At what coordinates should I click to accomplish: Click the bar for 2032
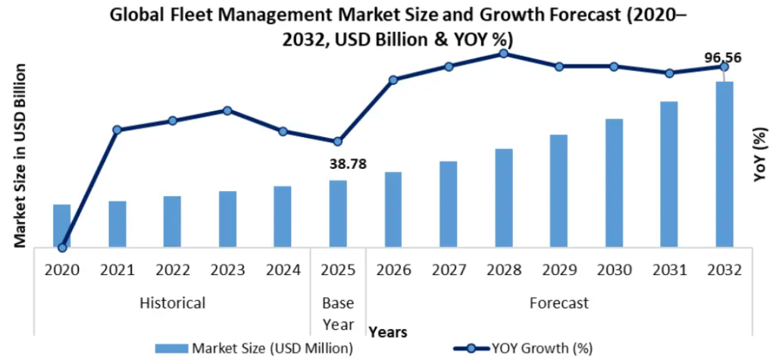click(724, 164)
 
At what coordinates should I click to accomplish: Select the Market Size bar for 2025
click(338, 213)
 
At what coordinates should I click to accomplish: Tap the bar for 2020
click(62, 225)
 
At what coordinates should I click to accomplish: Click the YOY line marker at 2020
click(62, 247)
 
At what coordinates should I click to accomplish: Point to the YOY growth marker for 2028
click(504, 53)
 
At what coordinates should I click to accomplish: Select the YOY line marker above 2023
click(227, 110)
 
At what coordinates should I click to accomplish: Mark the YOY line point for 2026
click(393, 80)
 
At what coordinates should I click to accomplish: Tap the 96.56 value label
click(722, 57)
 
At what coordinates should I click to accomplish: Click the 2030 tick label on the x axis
click(615, 269)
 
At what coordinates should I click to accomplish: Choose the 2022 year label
click(172, 269)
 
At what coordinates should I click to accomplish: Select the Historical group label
click(172, 303)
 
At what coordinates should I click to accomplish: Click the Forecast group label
click(559, 303)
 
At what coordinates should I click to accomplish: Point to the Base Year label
click(338, 314)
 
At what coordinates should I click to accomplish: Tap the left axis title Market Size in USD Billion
click(20, 155)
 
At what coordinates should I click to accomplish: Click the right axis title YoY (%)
click(759, 155)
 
